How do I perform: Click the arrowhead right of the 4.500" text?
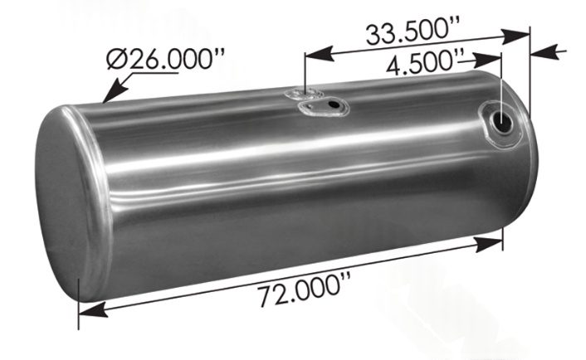[x=496, y=56]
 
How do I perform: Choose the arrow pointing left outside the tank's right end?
[x=539, y=53]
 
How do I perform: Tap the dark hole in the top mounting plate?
[x=335, y=105]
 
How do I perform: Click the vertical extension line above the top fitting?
[x=306, y=71]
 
